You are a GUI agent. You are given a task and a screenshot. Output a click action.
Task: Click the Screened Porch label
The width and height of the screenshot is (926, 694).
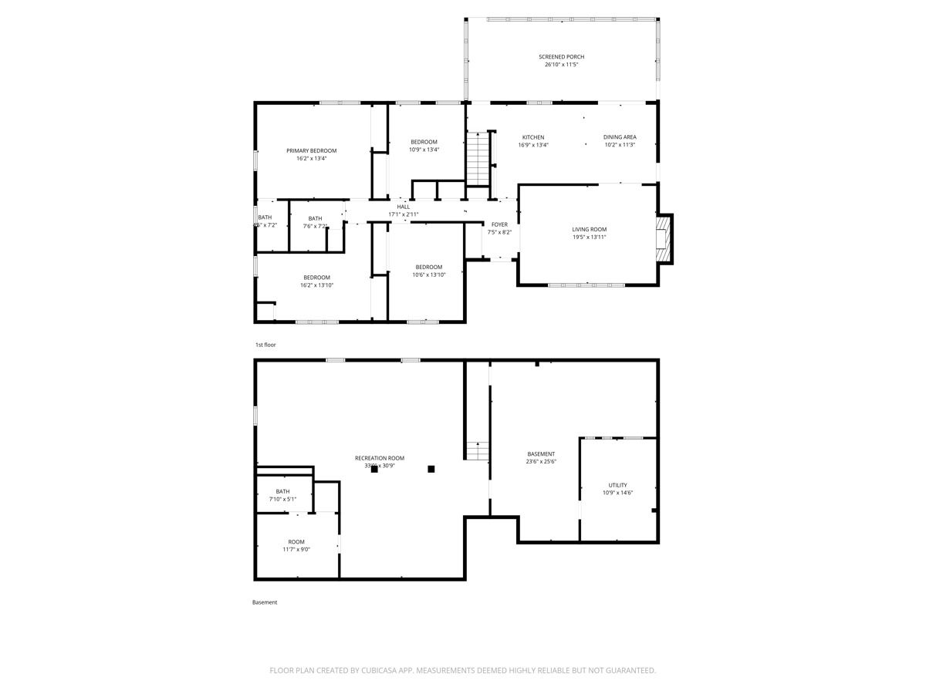click(561, 57)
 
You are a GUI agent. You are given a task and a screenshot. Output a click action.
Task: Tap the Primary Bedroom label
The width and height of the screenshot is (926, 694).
click(311, 151)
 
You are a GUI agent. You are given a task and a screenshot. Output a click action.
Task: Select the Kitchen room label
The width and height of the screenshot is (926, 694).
click(532, 137)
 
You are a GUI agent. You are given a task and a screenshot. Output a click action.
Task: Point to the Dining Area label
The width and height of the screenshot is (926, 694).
click(620, 137)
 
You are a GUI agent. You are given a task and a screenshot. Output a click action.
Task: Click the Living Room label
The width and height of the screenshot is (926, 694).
click(589, 230)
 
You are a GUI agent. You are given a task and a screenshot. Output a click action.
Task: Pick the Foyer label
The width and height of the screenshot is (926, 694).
click(499, 224)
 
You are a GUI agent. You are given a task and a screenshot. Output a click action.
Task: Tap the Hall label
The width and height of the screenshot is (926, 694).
click(404, 207)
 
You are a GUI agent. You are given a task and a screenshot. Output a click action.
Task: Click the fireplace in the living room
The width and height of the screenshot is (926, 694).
click(663, 237)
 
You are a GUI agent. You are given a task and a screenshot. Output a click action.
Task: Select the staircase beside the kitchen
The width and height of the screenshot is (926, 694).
click(478, 159)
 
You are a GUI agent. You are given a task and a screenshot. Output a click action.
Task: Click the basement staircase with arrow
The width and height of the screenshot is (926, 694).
click(478, 450)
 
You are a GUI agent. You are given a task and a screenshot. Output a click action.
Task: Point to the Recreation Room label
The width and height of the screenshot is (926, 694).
click(380, 458)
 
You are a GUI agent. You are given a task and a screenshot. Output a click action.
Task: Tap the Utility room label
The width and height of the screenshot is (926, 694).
click(617, 485)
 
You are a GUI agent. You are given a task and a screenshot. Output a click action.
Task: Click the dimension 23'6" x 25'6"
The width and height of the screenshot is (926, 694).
click(541, 462)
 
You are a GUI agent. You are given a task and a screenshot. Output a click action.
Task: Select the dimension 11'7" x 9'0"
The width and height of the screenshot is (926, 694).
click(296, 550)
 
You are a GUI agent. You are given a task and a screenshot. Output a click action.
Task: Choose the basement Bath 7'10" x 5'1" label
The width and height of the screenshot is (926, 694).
click(282, 492)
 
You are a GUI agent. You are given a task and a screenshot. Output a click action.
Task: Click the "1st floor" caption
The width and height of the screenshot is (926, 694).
click(265, 345)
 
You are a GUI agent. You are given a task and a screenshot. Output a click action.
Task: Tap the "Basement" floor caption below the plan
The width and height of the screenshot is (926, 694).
click(265, 602)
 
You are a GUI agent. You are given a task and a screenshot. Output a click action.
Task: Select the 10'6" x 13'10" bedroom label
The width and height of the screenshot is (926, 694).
click(428, 267)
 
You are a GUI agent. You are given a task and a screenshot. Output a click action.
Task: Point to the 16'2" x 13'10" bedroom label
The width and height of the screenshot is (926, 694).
click(316, 278)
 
